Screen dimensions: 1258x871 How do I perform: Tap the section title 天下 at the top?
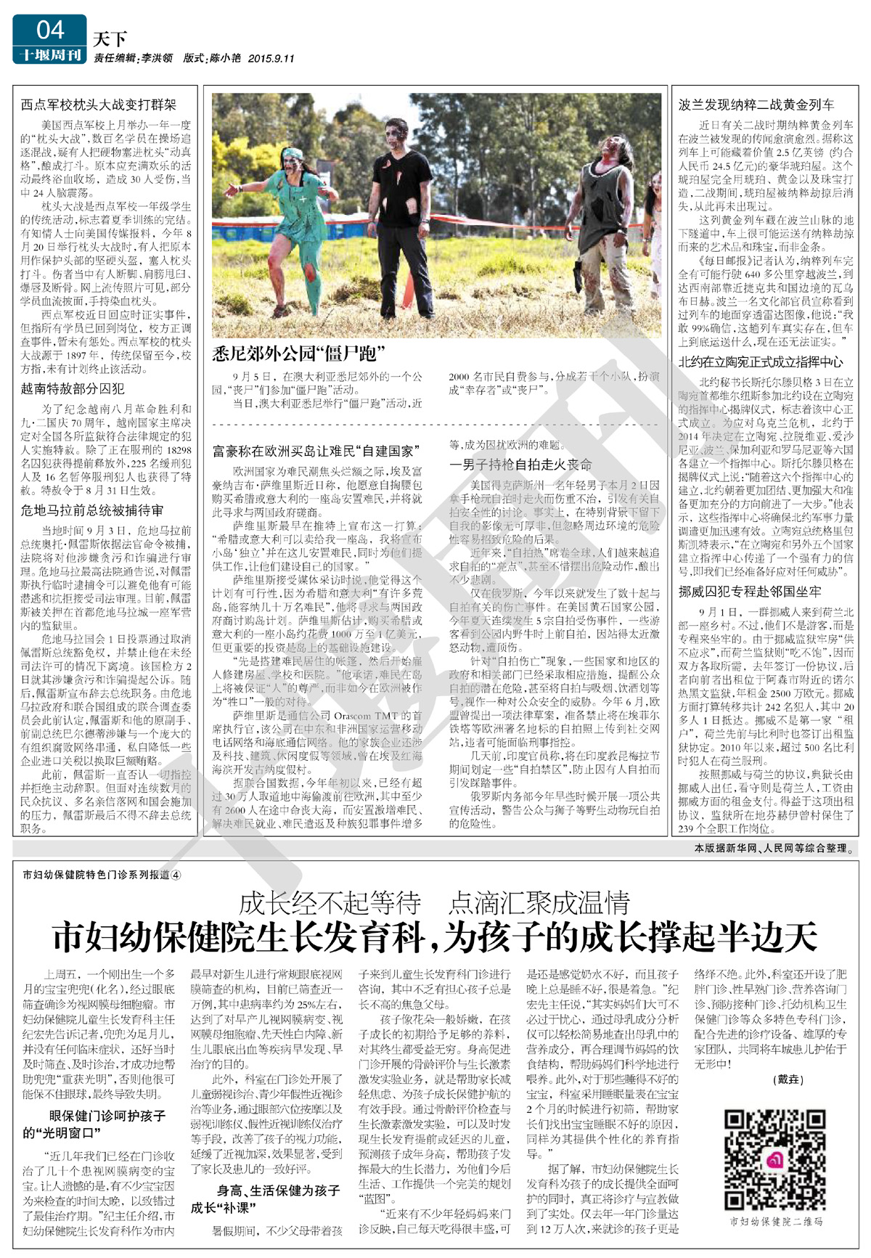(110, 38)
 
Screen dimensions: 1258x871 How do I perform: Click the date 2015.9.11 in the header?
(271, 58)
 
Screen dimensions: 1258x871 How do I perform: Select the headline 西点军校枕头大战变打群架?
(98, 105)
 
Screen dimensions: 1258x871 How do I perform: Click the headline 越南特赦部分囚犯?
(73, 388)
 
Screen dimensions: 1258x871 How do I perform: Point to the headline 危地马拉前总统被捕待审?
(92, 510)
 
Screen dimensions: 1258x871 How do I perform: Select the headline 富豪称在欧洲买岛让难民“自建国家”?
(316, 451)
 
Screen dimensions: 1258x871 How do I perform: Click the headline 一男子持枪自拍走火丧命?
(520, 465)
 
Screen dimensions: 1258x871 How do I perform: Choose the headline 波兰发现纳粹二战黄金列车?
(756, 105)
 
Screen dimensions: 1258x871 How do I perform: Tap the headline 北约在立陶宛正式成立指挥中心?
(761, 362)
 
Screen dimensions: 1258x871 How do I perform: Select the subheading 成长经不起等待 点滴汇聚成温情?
(434, 902)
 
